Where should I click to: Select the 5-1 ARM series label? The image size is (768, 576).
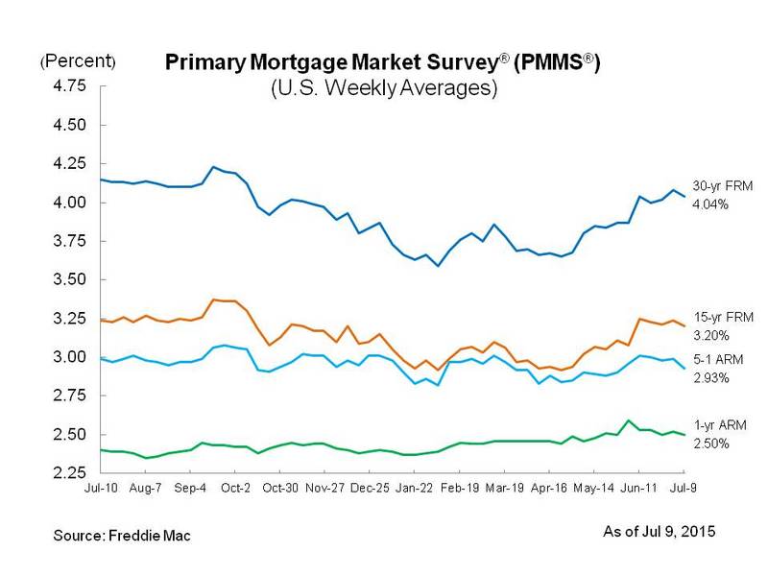[713, 360]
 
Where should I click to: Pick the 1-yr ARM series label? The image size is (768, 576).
[713, 424]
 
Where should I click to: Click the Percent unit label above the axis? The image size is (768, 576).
[78, 62]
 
